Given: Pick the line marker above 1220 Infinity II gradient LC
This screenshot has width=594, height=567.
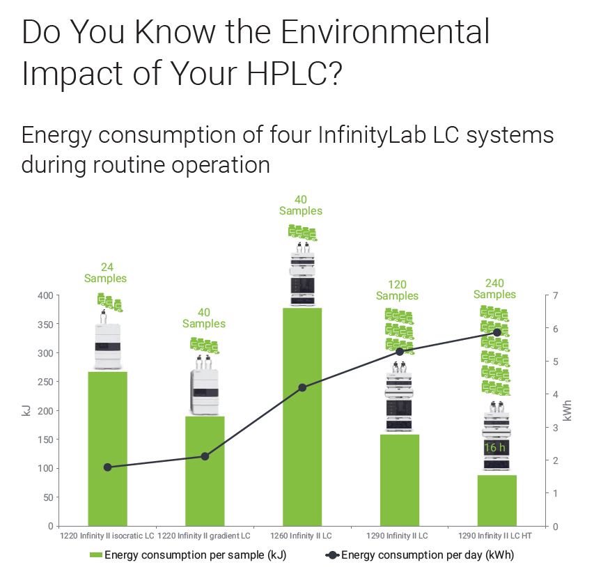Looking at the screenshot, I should point(205,456).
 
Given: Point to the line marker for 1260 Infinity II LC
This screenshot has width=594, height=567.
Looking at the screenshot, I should point(302,387).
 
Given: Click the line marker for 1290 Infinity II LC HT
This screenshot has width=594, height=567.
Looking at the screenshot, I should point(497,332).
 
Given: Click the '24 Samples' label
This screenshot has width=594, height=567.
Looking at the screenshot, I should point(106,272).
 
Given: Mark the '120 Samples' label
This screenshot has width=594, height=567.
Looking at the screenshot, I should point(397,290).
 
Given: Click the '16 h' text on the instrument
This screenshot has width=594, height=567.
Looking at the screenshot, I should point(494,447).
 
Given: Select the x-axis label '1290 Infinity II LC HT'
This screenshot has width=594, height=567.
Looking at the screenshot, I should point(497,536).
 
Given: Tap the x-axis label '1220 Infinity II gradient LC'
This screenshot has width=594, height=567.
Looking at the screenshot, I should point(204,536).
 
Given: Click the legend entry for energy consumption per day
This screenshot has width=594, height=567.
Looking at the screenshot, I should point(422,555).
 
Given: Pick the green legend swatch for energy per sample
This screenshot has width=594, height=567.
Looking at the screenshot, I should point(95,555).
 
